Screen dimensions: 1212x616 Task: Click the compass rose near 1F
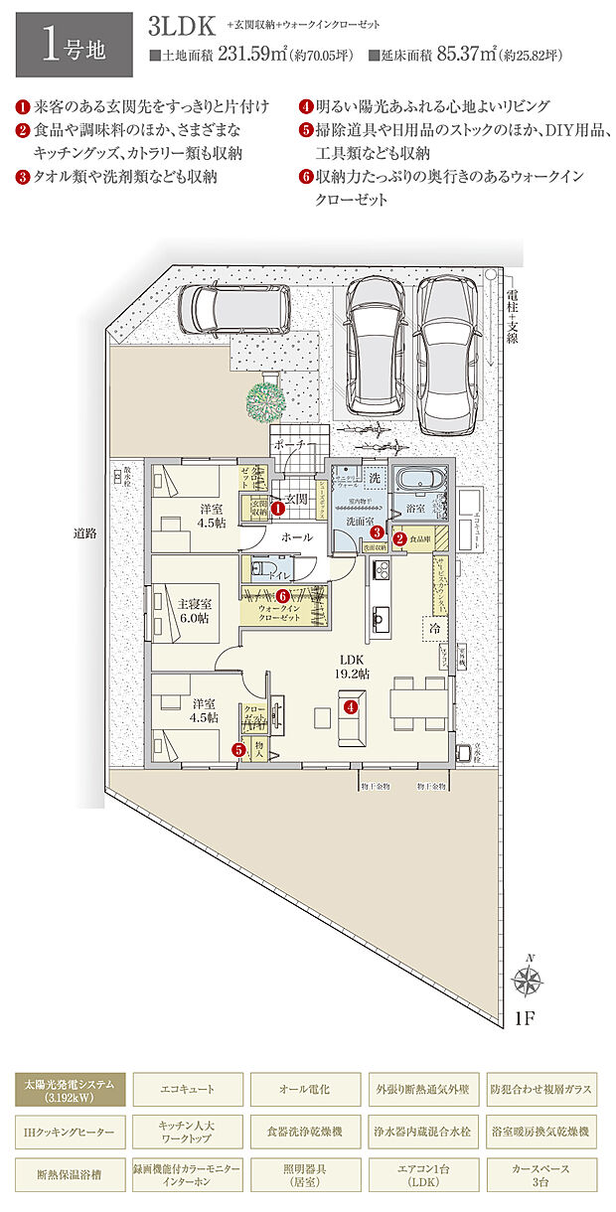[527, 982]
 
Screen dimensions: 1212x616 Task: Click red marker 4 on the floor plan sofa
[350, 707]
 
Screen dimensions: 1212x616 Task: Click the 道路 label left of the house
[84, 533]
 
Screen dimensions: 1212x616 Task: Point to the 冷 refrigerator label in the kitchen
[434, 628]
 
